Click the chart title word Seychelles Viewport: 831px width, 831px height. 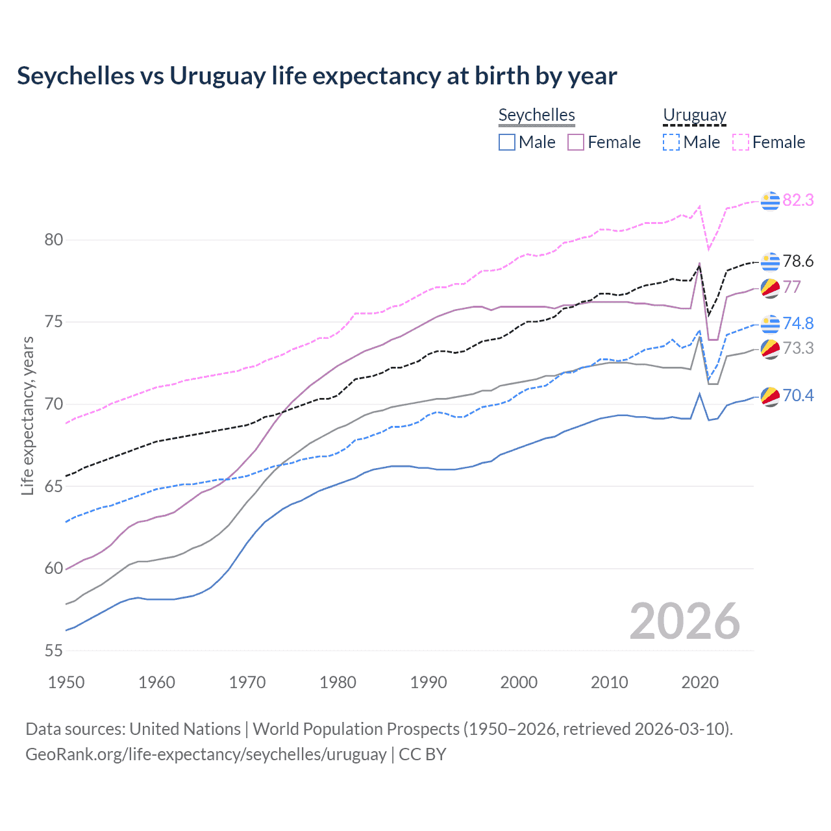(75, 76)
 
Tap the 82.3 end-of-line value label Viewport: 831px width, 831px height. (798, 200)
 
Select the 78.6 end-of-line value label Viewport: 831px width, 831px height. (798, 261)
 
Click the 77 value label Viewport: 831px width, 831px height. (791, 287)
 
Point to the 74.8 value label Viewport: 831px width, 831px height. (798, 323)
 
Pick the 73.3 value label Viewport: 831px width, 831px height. (798, 348)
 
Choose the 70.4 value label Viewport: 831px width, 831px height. (798, 395)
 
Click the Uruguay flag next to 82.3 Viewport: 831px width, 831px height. (770, 201)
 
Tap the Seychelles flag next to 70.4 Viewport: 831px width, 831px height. (770, 396)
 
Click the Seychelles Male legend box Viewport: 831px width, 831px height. (507, 142)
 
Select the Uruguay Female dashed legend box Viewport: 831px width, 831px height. (741, 142)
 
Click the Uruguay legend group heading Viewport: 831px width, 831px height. (694, 116)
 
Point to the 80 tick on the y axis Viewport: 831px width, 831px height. (53, 240)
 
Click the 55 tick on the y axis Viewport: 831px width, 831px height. (53, 651)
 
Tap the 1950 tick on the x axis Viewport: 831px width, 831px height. (66, 682)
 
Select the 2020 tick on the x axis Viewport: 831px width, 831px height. (700, 682)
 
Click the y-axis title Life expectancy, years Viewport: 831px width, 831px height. (27, 415)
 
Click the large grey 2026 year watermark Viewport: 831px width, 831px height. (684, 621)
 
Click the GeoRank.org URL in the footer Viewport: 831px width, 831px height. (206, 754)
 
